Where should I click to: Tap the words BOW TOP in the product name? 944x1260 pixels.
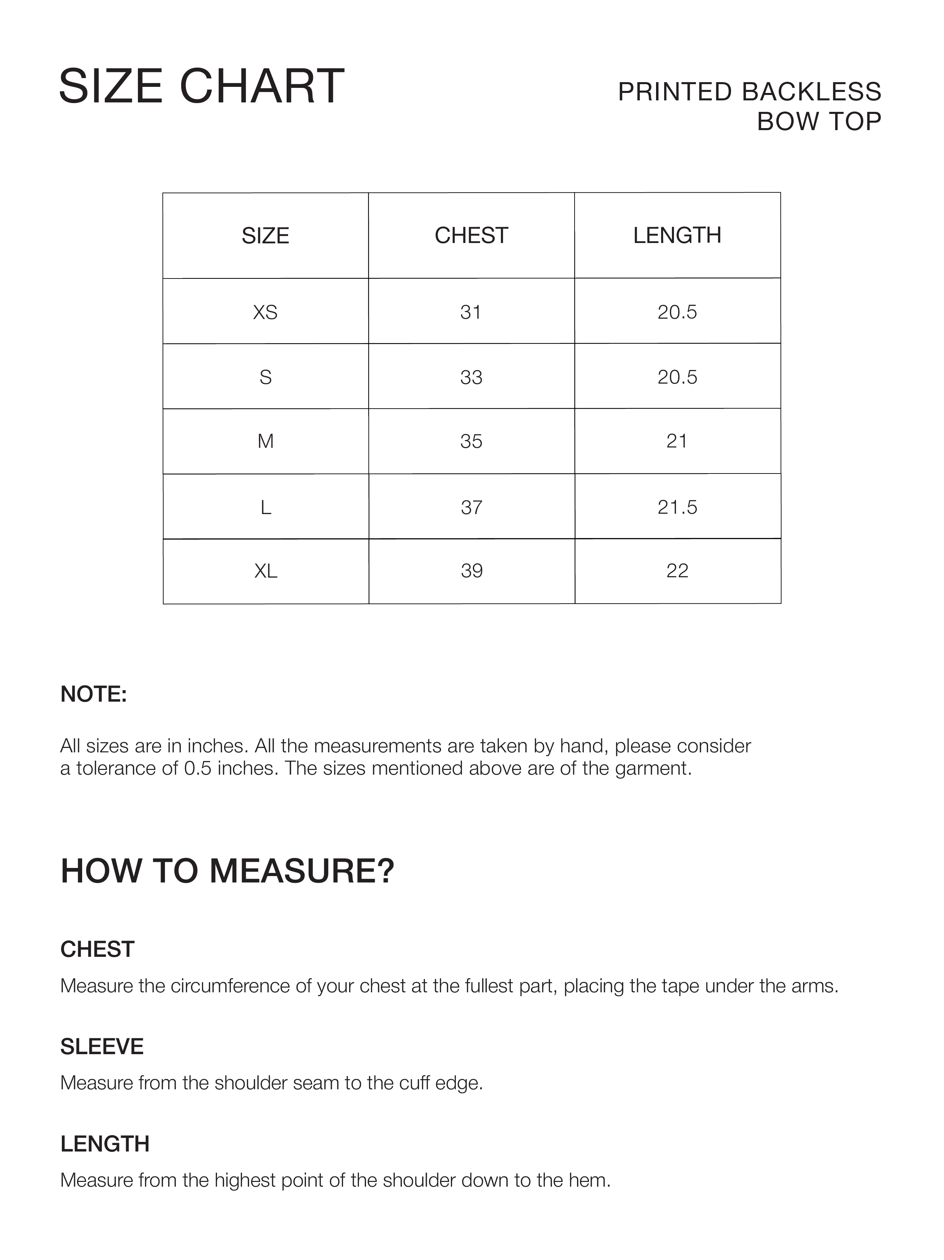[x=819, y=121]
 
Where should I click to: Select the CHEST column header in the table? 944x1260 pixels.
[x=471, y=235]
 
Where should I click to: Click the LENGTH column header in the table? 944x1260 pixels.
[x=677, y=235]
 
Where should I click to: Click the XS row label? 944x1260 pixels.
[x=265, y=312]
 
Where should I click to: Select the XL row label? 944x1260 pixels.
[x=265, y=571]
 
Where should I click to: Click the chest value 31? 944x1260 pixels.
[x=471, y=312]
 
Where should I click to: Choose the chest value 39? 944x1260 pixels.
[x=471, y=571]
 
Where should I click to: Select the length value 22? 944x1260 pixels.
[x=677, y=571]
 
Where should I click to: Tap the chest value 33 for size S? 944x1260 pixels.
[x=471, y=377]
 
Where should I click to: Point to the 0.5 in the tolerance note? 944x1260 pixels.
[x=198, y=769]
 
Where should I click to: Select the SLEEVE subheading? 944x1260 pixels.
[x=102, y=1047]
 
